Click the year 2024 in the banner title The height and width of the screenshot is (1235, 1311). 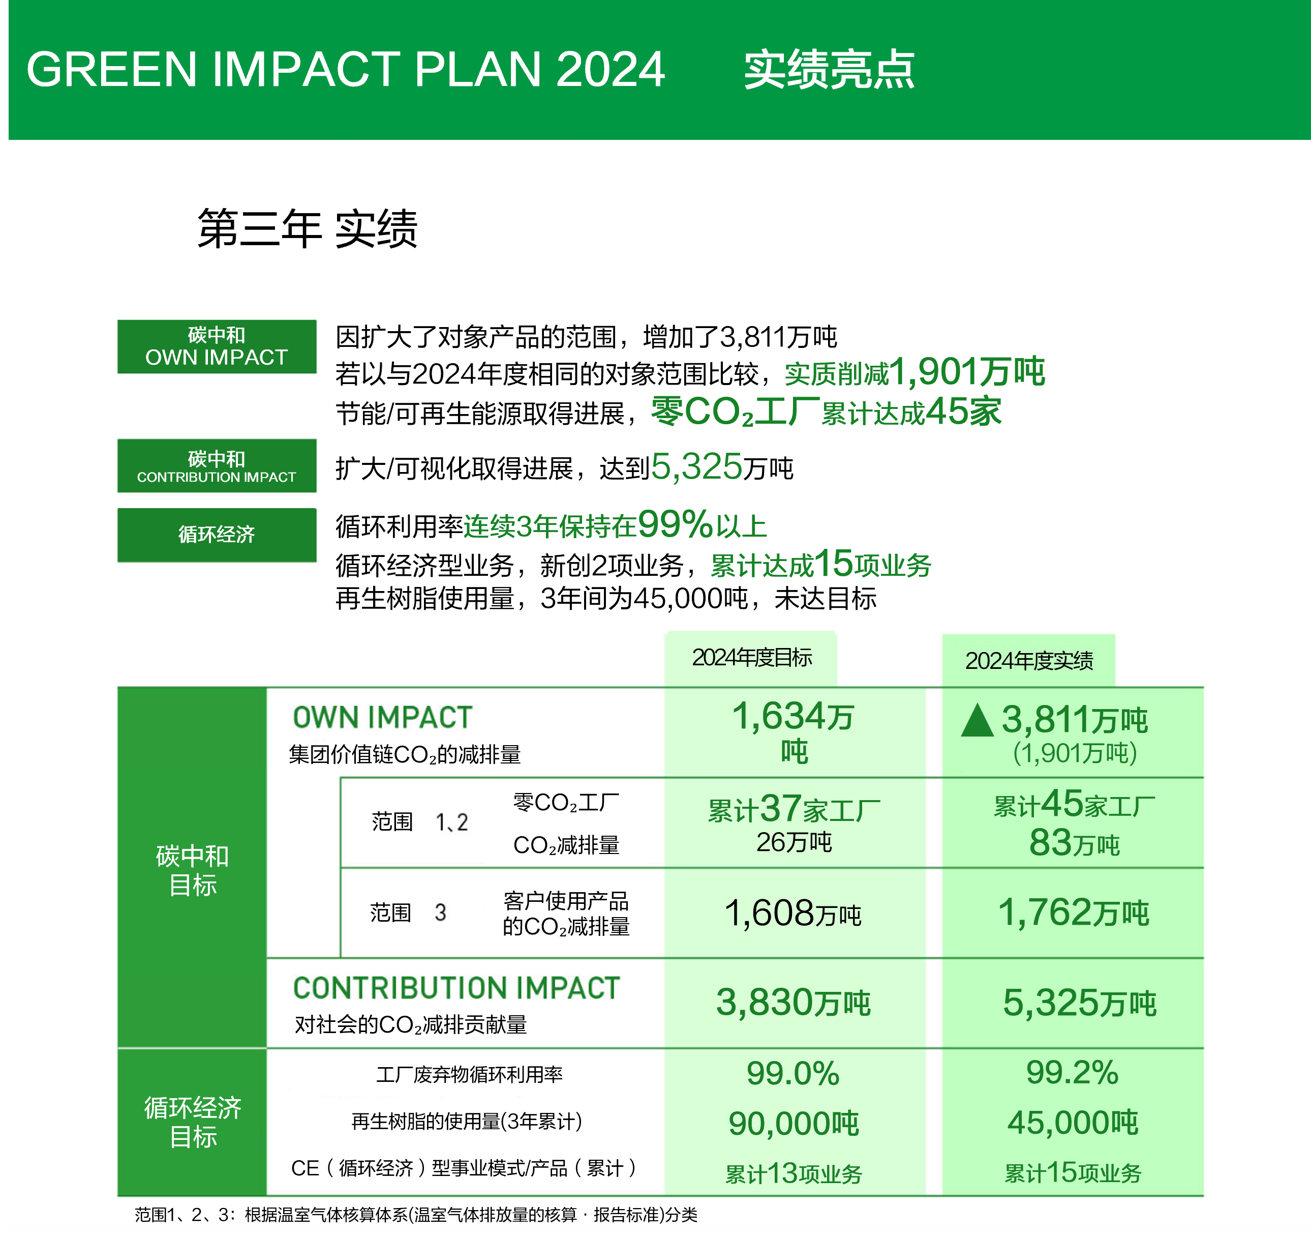point(610,70)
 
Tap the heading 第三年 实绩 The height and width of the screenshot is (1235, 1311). point(308,229)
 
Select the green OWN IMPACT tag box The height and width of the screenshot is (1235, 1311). point(217,347)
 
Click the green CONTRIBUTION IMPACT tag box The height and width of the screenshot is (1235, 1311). point(217,466)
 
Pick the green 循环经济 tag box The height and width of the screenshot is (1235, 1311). point(217,535)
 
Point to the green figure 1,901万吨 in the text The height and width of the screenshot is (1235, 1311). point(967,372)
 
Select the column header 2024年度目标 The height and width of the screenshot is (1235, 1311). point(752,658)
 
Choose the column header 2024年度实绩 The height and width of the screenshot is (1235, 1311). point(1029,660)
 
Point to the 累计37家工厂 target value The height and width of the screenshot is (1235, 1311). point(794,809)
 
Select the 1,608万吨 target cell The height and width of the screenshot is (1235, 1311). point(794,914)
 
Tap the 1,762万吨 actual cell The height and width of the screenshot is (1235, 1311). point(1073,913)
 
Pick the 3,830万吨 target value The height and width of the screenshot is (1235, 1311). point(794,1003)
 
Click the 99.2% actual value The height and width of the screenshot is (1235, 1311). point(1072,1073)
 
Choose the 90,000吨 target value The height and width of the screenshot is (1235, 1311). point(794,1124)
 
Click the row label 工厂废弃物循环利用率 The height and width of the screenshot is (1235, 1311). point(470,1075)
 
